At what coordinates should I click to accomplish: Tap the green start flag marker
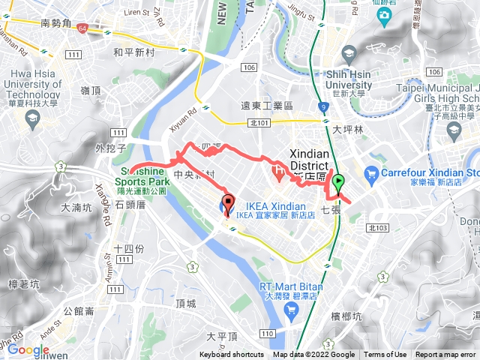(x=338, y=182)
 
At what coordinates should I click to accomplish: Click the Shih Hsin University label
(x=355, y=79)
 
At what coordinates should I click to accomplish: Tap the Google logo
(x=28, y=349)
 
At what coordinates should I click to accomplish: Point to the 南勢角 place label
(x=57, y=23)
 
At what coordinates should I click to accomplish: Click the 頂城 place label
(x=185, y=303)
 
